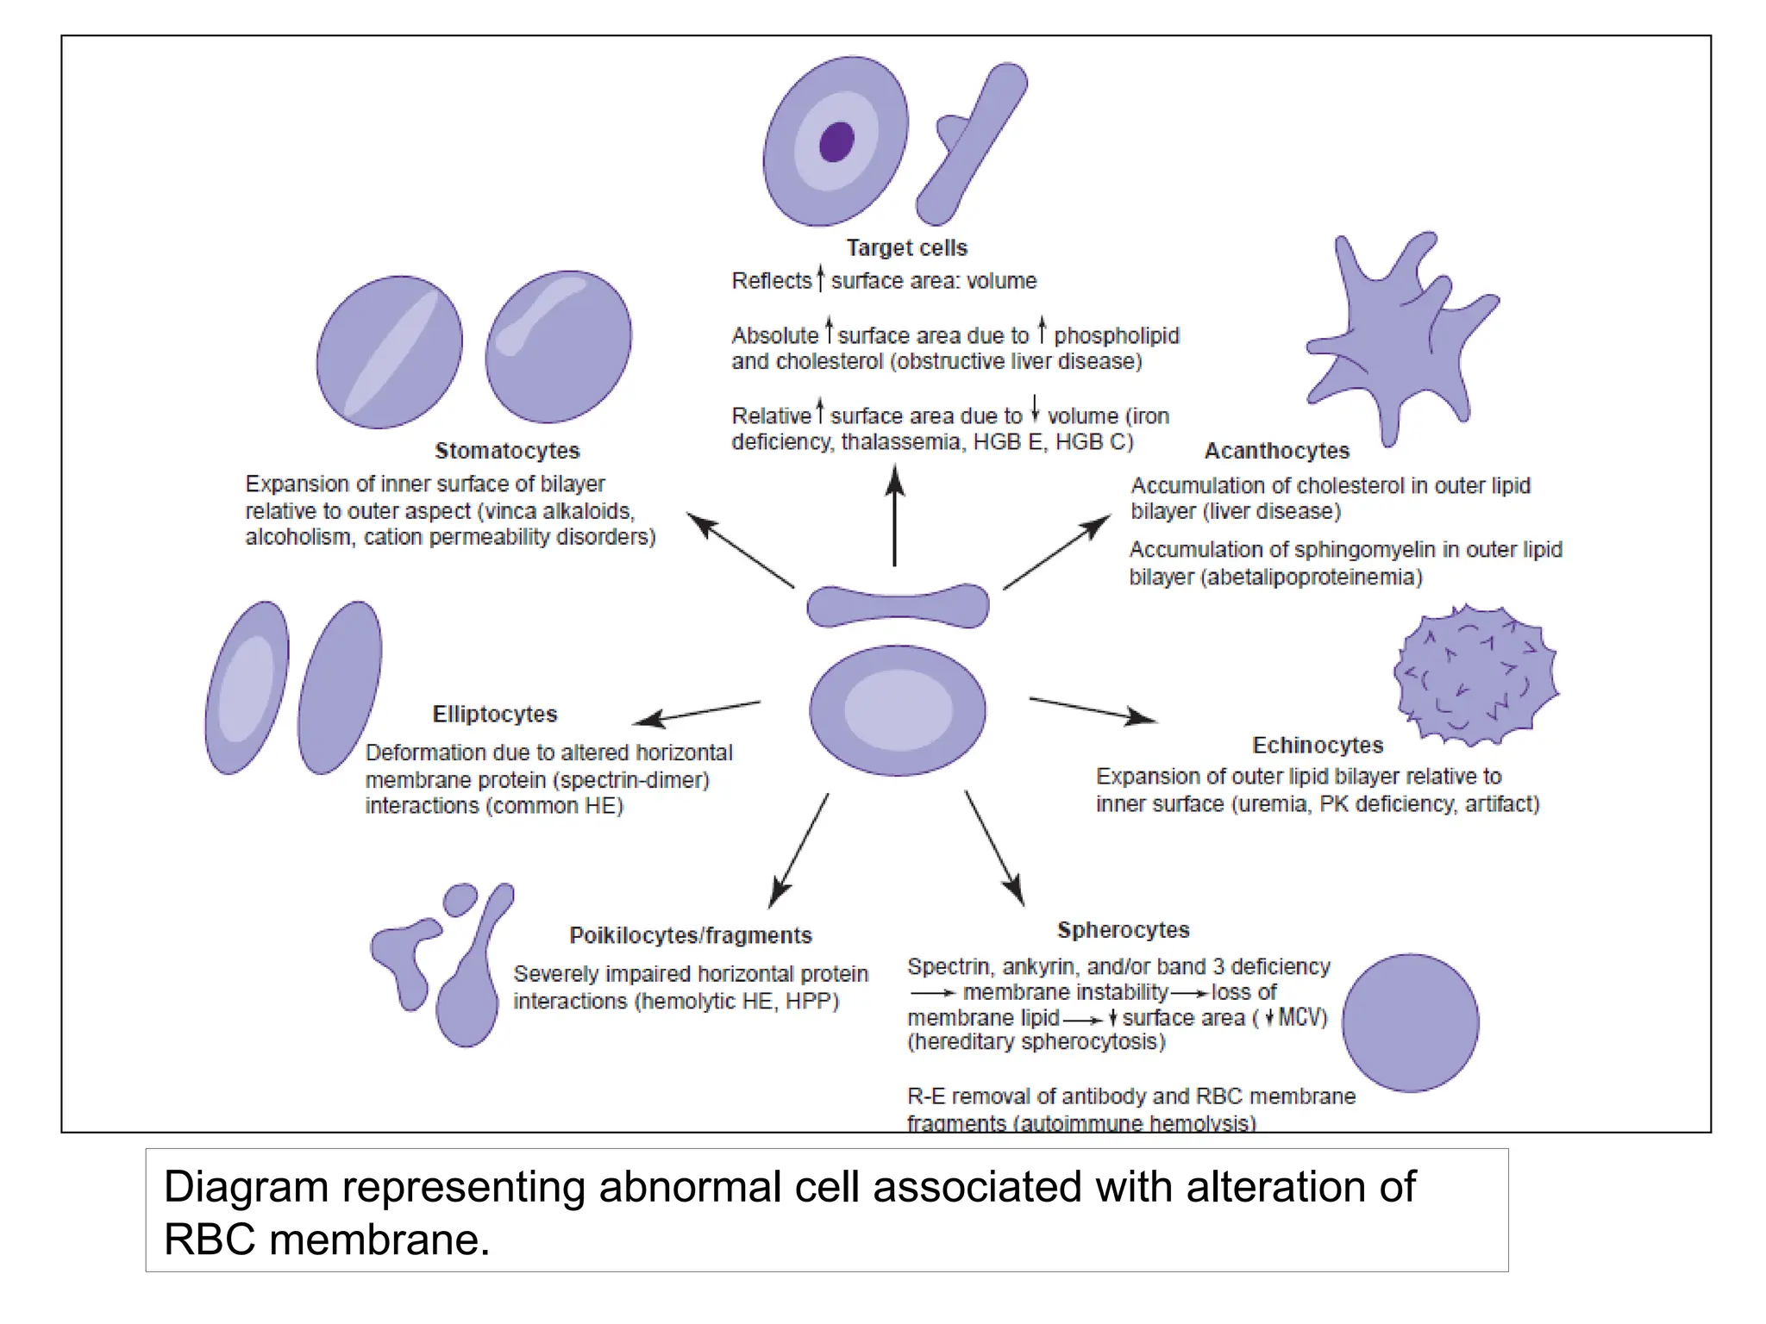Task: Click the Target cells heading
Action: tap(906, 248)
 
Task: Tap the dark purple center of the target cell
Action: tap(836, 142)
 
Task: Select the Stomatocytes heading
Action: tap(507, 451)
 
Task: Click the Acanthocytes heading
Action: tap(1276, 451)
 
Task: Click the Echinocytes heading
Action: tap(1317, 745)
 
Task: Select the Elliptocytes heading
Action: tap(495, 715)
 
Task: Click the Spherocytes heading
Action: tap(1123, 930)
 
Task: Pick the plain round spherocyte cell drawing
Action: tap(1410, 1022)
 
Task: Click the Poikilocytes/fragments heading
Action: tap(691, 935)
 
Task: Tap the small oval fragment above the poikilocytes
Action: tap(460, 899)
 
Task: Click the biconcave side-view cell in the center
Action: tap(898, 606)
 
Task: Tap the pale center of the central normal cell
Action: tap(898, 710)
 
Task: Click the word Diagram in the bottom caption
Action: tap(246, 1187)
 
